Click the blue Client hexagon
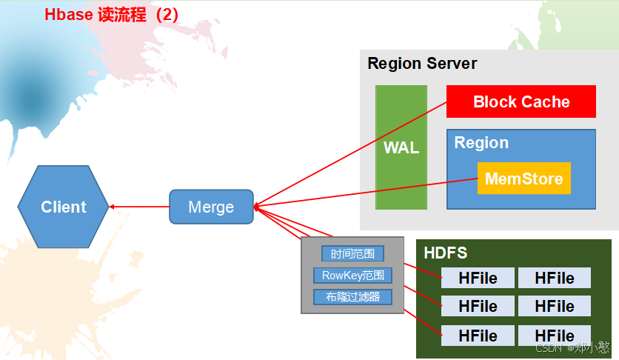(x=63, y=207)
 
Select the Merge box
(x=211, y=207)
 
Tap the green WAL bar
(x=401, y=147)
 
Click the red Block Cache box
(x=521, y=101)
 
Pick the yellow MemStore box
(x=523, y=179)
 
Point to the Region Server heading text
(x=422, y=64)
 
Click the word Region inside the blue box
(x=481, y=143)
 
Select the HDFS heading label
(x=445, y=253)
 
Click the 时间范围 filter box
(x=352, y=254)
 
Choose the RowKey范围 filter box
(x=352, y=276)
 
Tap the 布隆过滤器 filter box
(x=352, y=297)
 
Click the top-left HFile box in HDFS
(x=478, y=278)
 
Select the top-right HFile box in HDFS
(x=555, y=278)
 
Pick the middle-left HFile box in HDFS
(x=478, y=306)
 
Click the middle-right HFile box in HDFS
(x=555, y=306)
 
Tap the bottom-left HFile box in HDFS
(x=478, y=336)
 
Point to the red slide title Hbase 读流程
(x=111, y=15)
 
